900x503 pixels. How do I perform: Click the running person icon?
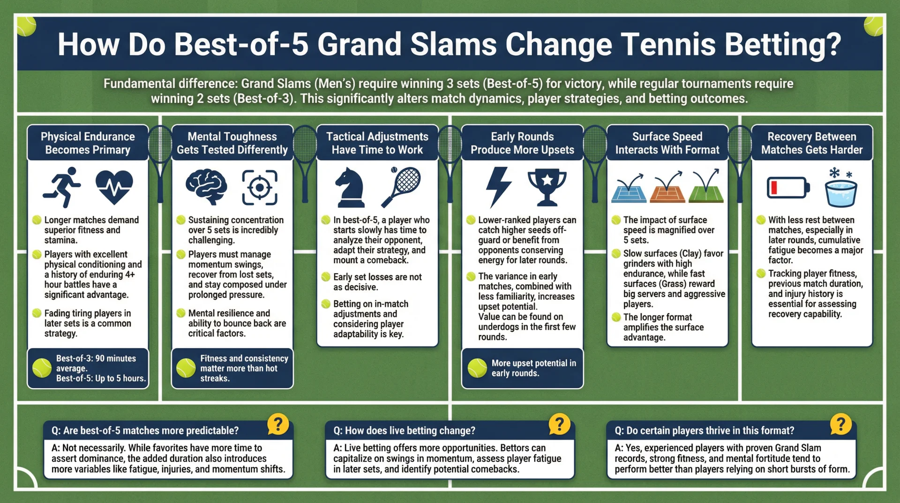click(x=63, y=187)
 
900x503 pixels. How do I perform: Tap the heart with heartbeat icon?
click(x=114, y=187)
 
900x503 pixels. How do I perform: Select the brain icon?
click(x=206, y=187)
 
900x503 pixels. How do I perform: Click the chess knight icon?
click(x=350, y=188)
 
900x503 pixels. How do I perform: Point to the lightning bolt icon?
click(x=498, y=187)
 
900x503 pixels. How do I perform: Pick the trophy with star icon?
click(x=547, y=187)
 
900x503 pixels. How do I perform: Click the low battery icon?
click(x=787, y=188)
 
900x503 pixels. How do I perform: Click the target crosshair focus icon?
click(x=260, y=188)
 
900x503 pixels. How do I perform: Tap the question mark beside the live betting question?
click(x=559, y=424)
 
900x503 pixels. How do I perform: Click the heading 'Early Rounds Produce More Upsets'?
click(x=522, y=143)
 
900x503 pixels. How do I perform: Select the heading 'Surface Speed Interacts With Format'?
click(x=667, y=143)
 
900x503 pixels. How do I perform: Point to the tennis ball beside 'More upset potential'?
click(x=477, y=368)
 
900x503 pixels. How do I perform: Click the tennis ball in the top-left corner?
click(x=26, y=26)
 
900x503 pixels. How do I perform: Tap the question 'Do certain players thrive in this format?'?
click(x=704, y=430)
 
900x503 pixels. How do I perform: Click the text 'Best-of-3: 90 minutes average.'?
click(x=96, y=363)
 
